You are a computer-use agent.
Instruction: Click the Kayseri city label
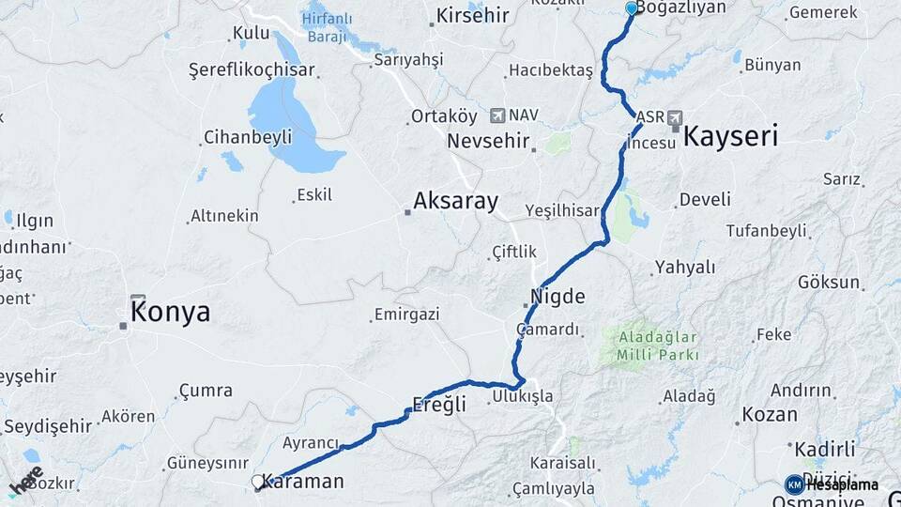coord(730,137)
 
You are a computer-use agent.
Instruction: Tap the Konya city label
coord(170,313)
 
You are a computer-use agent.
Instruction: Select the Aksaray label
coord(455,201)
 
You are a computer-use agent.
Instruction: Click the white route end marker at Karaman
coord(258,482)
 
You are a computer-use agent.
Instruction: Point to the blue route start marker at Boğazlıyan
coord(632,8)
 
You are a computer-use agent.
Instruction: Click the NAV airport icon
coord(496,115)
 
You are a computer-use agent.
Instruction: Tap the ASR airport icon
coord(675,117)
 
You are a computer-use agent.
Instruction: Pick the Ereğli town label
coord(439,406)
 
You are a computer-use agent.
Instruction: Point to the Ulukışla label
coord(522,397)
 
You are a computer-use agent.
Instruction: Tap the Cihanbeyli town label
coord(249,137)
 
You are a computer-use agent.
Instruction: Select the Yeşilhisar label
coord(562,210)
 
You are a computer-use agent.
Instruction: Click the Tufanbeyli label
coord(766,230)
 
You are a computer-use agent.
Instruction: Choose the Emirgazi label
coord(406,315)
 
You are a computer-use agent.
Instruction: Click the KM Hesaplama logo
coord(832,484)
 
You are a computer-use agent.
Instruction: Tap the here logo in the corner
coord(26,481)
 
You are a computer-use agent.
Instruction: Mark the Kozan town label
coord(770,414)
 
